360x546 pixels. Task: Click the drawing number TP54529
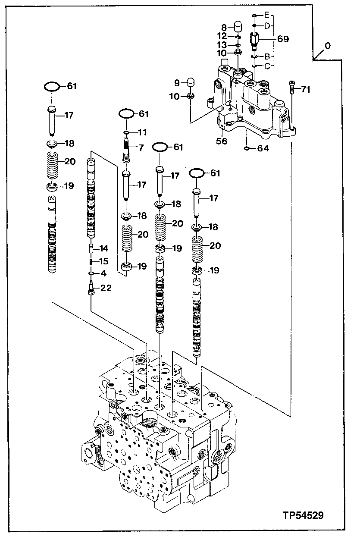303,515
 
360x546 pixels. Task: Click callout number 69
283,39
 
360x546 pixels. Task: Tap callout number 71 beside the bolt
306,90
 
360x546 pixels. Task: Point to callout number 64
263,148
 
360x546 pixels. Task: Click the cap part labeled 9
190,82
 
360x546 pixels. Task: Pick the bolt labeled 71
291,89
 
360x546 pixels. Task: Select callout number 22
106,288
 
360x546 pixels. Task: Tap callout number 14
104,248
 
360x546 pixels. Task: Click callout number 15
104,261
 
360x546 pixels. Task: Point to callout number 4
103,273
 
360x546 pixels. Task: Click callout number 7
140,148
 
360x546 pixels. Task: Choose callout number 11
142,132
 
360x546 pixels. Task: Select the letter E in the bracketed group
267,15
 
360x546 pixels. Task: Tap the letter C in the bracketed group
267,66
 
